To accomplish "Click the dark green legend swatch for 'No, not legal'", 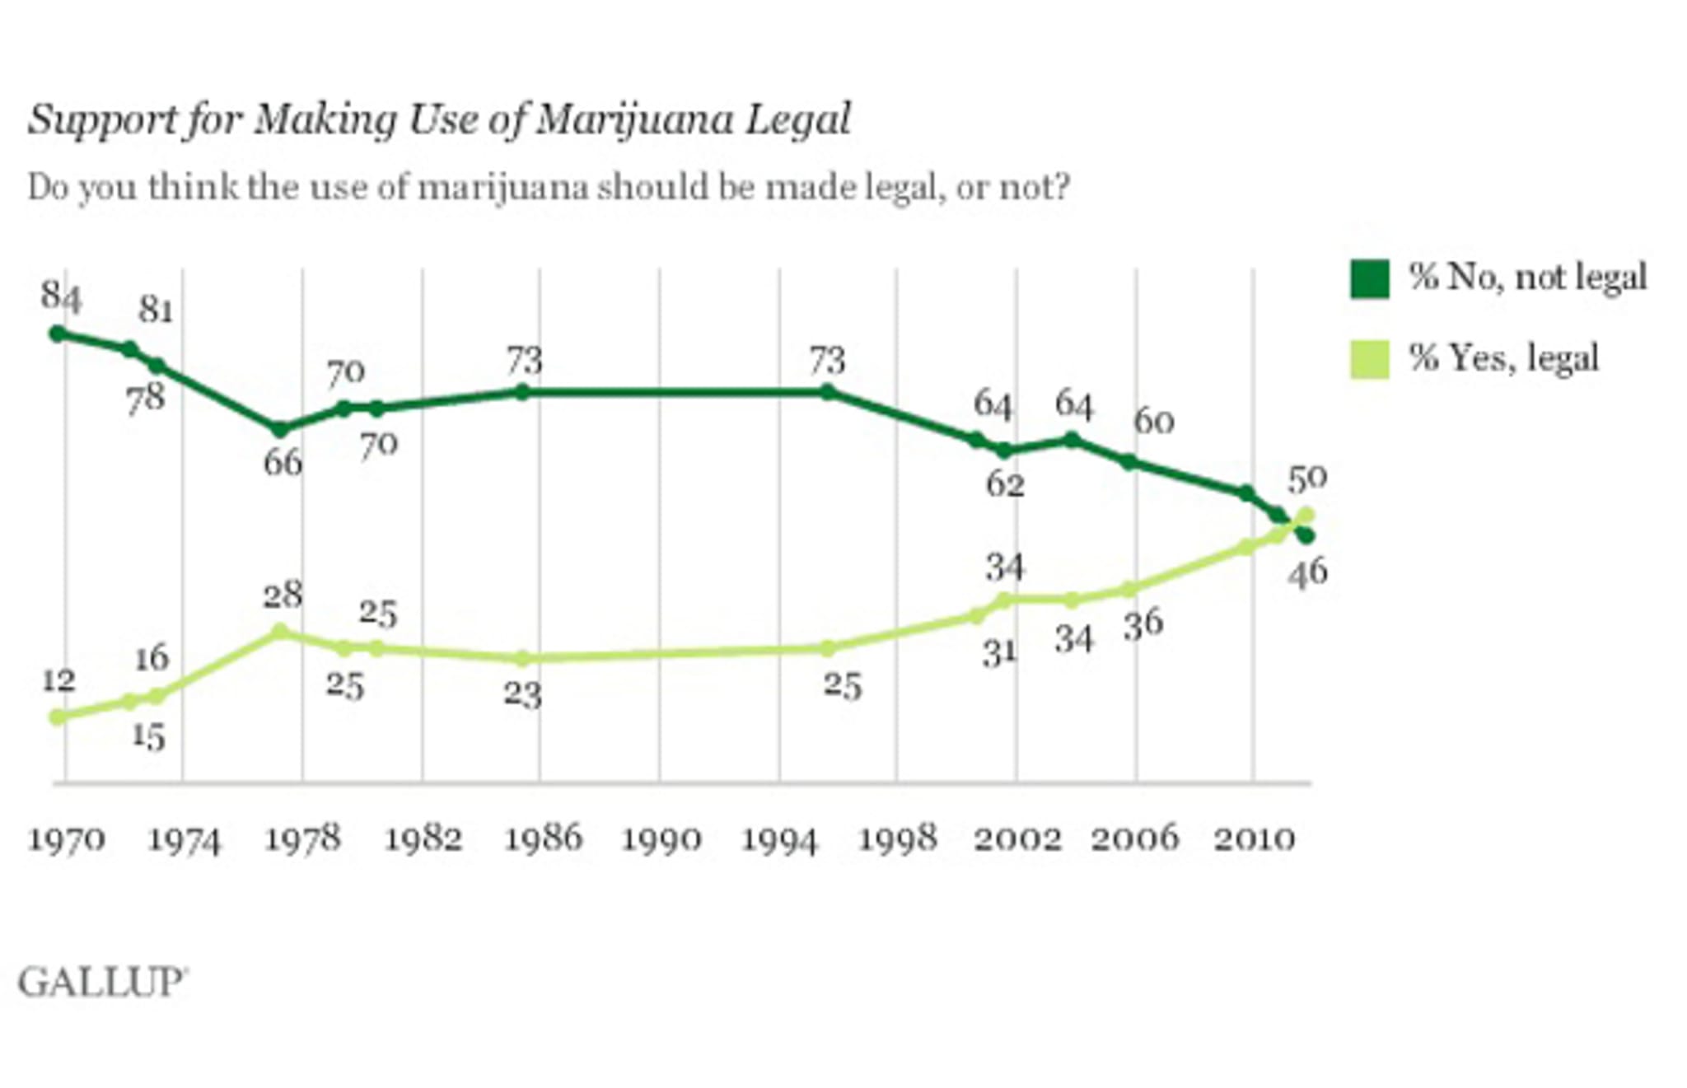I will click(x=1369, y=278).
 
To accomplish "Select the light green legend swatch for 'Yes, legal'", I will click(x=1369, y=359).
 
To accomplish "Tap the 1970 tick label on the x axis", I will click(x=67, y=839).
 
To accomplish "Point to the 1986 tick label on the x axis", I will click(x=543, y=839).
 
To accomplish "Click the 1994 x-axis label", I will click(x=779, y=839).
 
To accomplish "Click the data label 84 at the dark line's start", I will click(x=62, y=296).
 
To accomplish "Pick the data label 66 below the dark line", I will click(x=283, y=463).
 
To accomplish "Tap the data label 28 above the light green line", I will click(x=283, y=595).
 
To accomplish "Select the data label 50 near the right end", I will click(x=1308, y=478).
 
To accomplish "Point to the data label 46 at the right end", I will click(x=1308, y=572).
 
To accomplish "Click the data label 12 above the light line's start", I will click(x=58, y=680).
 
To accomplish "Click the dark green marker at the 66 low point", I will click(x=280, y=429).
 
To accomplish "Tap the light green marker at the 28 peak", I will click(x=280, y=632).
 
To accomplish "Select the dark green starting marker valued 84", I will click(x=57, y=334).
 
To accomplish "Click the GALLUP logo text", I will click(x=102, y=983).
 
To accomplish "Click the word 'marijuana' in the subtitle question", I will click(x=502, y=188).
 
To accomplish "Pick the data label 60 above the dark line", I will click(x=1153, y=422).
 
